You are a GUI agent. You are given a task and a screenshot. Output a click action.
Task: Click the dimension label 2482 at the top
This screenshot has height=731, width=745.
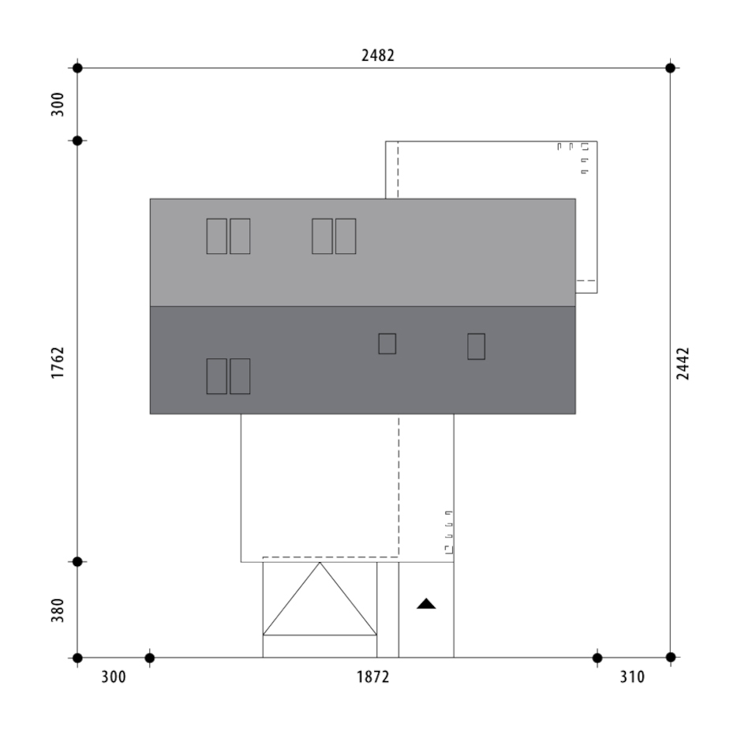378,55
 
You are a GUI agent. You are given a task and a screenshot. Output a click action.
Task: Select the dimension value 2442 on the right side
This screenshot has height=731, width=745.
683,364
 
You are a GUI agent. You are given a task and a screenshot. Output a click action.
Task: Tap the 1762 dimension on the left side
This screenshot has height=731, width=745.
57,362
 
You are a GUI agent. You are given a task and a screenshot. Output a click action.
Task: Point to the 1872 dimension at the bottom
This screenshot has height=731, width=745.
373,677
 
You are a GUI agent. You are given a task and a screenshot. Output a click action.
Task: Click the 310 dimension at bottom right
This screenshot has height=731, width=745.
632,677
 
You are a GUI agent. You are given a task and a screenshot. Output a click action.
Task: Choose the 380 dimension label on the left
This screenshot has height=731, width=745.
57,610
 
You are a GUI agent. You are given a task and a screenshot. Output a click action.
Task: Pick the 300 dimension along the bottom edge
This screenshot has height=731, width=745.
114,677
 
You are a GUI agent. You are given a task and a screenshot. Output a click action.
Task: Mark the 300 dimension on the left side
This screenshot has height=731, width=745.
57,104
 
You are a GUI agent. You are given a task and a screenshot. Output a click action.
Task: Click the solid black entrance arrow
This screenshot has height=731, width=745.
426,604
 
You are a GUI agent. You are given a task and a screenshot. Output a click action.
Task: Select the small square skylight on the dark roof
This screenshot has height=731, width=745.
387,343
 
